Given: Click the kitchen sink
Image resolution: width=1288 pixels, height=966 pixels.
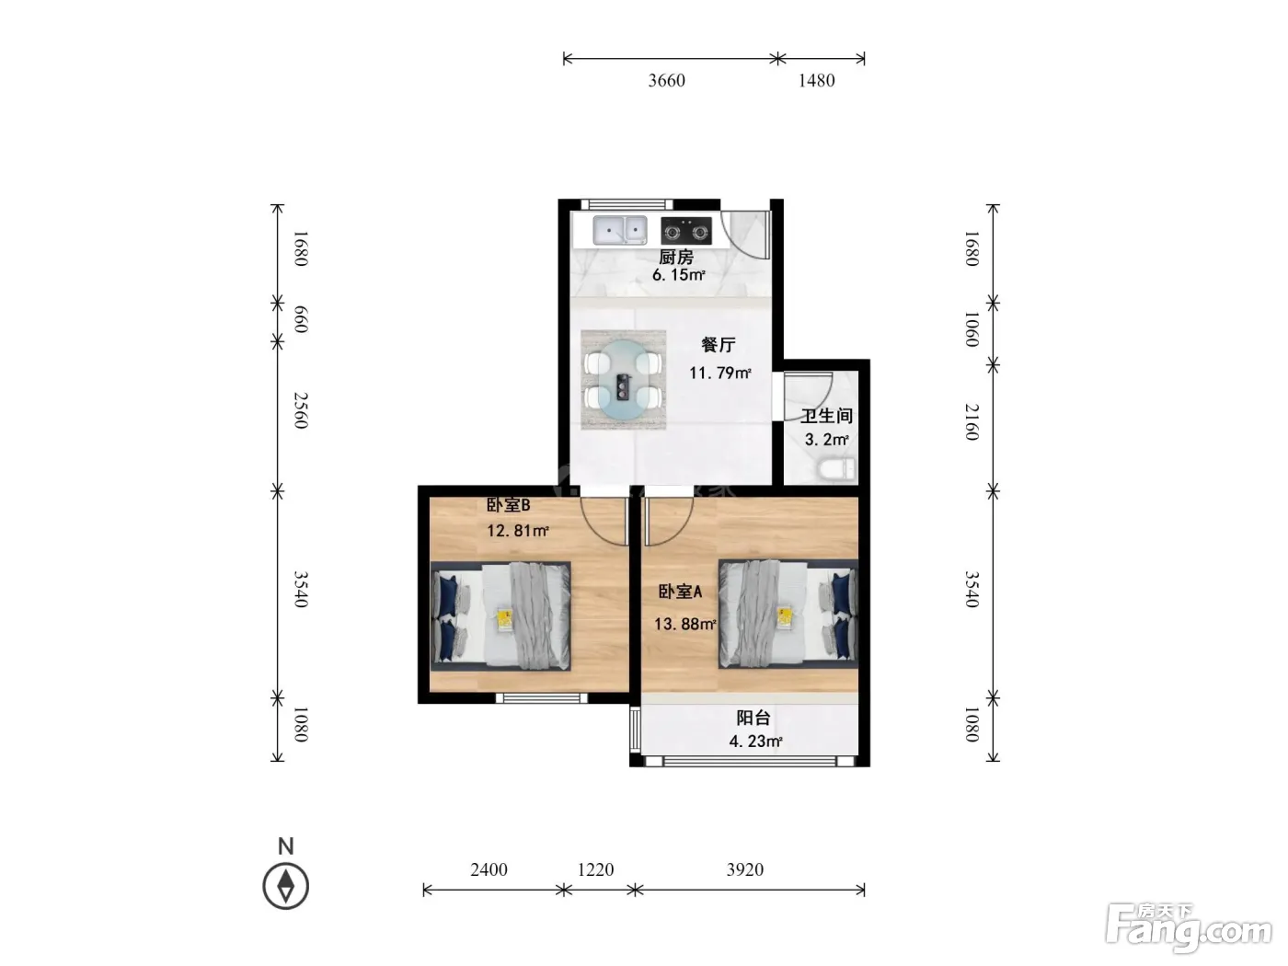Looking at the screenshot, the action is pyautogui.click(x=620, y=230).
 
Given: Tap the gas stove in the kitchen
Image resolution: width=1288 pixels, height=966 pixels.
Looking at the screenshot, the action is pyautogui.click(x=686, y=231).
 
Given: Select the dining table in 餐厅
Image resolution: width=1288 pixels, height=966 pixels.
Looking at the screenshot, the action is pyautogui.click(x=623, y=379).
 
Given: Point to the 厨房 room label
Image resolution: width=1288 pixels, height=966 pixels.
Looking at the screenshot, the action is pyautogui.click(x=676, y=257).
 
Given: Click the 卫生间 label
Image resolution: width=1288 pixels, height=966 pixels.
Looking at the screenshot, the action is pyautogui.click(x=826, y=416).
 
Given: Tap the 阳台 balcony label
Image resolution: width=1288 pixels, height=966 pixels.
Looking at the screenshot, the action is pyautogui.click(x=753, y=718).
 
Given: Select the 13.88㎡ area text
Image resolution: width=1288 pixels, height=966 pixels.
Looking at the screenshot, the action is pyautogui.click(x=684, y=624).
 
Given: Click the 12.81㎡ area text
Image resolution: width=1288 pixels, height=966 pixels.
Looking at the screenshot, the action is pyautogui.click(x=518, y=531).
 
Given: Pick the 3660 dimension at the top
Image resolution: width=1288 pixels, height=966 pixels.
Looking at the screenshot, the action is pyautogui.click(x=667, y=80).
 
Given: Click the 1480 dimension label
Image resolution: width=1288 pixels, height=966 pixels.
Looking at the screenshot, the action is pyautogui.click(x=816, y=80).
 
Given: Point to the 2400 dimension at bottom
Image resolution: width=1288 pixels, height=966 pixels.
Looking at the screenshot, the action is pyautogui.click(x=489, y=869).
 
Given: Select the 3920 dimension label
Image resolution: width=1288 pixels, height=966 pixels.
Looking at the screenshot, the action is pyautogui.click(x=745, y=869).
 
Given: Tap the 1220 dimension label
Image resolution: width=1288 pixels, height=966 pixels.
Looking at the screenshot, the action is pyautogui.click(x=595, y=869).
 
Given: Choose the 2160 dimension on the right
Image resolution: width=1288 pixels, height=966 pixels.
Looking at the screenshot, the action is pyautogui.click(x=972, y=421).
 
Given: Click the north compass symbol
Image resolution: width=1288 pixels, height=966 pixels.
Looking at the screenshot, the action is pyautogui.click(x=286, y=886).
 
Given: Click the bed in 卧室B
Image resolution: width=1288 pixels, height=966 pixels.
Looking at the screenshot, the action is pyautogui.click(x=500, y=615).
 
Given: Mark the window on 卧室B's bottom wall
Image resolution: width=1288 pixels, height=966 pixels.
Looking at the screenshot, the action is pyautogui.click(x=542, y=698).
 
